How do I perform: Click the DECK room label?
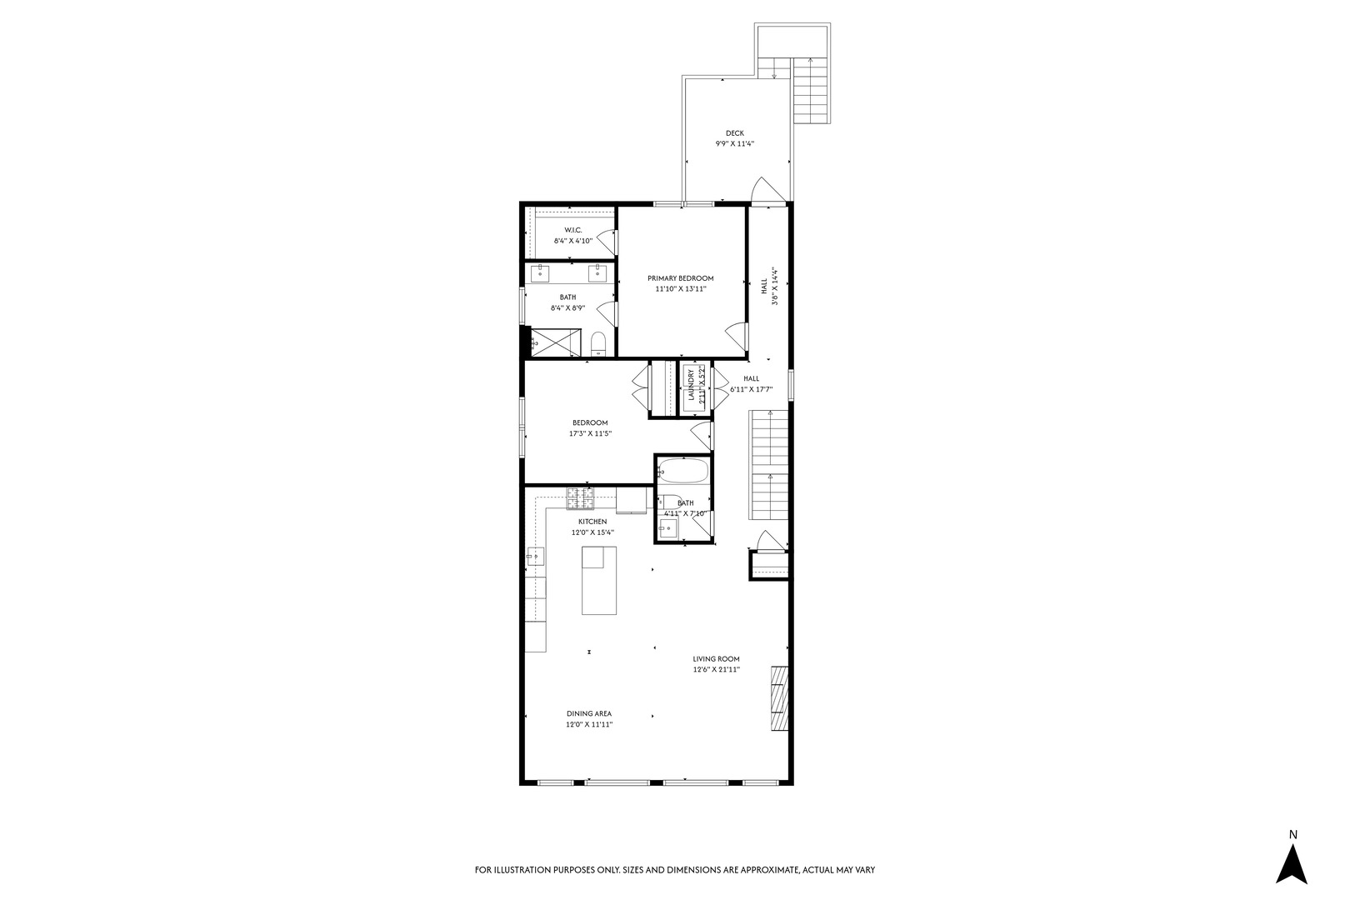click(x=735, y=133)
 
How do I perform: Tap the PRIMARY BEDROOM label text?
click(x=681, y=277)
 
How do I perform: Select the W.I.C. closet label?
click(x=573, y=230)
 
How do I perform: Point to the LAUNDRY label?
click(x=691, y=385)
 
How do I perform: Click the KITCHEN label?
click(x=592, y=522)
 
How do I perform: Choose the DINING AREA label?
click(x=589, y=713)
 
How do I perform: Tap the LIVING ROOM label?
click(x=716, y=659)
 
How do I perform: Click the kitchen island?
click(x=598, y=581)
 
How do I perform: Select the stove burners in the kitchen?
click(x=579, y=498)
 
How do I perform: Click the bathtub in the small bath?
click(x=682, y=471)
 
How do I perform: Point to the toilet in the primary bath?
click(x=597, y=343)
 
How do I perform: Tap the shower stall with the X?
click(x=556, y=342)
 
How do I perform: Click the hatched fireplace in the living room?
click(x=780, y=698)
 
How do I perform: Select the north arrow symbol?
click(x=1292, y=864)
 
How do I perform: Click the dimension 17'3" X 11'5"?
click(x=590, y=433)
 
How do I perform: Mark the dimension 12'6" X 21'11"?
click(x=716, y=669)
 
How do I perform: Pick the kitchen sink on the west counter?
click(x=535, y=556)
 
